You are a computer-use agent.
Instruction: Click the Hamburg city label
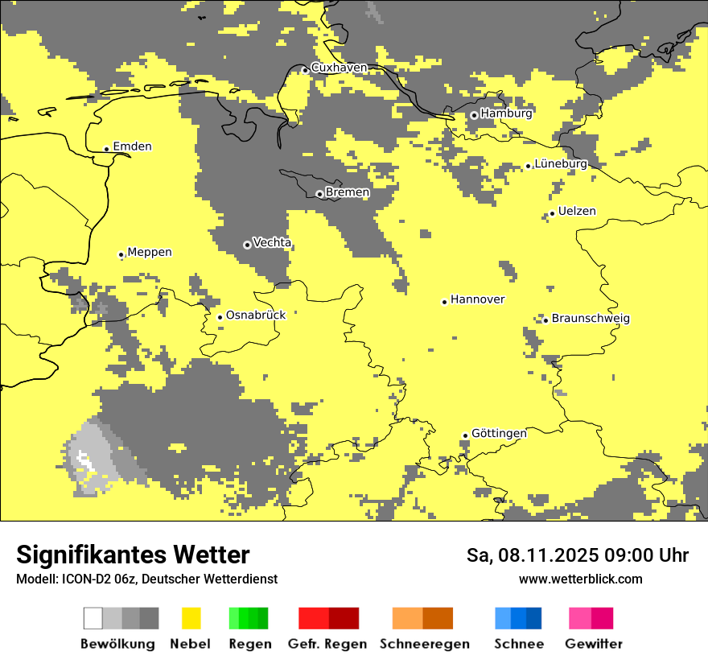(506, 113)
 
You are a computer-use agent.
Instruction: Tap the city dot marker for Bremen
(319, 194)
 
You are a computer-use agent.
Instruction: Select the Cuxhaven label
(339, 68)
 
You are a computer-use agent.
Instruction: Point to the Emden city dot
(106, 149)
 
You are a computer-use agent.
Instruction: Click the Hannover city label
(477, 299)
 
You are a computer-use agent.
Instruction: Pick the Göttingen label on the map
(499, 433)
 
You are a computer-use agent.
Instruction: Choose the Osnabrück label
(256, 315)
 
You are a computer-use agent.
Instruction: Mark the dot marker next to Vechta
(247, 245)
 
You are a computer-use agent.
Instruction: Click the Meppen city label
(150, 253)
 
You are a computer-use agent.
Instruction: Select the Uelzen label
(577, 212)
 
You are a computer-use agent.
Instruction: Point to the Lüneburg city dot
(529, 166)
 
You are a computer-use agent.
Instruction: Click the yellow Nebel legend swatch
(191, 618)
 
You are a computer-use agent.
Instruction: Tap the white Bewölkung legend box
(93, 618)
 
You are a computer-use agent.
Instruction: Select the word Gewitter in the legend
(593, 644)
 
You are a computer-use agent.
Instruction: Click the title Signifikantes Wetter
(133, 555)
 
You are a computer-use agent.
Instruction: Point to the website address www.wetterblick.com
(580, 579)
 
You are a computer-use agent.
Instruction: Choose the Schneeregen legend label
(424, 644)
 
